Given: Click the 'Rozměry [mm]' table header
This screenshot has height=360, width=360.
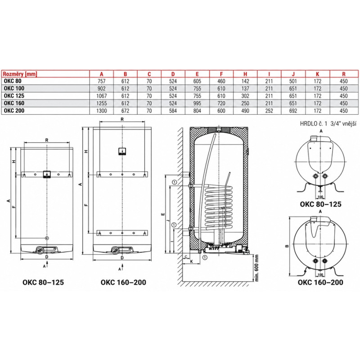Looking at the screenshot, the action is pos(20,74).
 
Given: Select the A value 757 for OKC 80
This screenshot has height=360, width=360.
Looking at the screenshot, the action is pos(102,81).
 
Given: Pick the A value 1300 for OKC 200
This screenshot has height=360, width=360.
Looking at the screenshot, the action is pos(102,111).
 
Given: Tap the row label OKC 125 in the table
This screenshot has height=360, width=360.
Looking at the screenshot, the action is pos(14,96).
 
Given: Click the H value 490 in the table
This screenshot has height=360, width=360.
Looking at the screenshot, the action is pos(245,111).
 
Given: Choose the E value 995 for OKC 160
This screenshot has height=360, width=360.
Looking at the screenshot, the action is pos(197,103).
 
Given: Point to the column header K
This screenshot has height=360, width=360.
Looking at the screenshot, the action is pos(318,74).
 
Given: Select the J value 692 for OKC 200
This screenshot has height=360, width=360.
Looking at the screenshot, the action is pos(293,111).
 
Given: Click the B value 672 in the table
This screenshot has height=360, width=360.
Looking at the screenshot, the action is pos(126,111).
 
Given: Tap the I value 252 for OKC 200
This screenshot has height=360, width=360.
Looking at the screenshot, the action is pos(269,111).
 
